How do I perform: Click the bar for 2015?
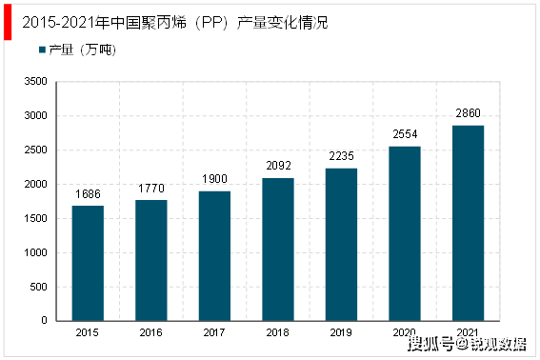(88, 263)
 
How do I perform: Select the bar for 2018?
(278, 250)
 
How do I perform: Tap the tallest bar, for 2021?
(469, 223)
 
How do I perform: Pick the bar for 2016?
(151, 260)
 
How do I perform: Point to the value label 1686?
(88, 194)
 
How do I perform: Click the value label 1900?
(214, 180)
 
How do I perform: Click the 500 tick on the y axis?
(37, 288)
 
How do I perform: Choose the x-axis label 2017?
(214, 333)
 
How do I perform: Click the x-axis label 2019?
(342, 333)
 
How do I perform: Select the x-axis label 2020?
(405, 333)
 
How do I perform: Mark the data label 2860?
(469, 114)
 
